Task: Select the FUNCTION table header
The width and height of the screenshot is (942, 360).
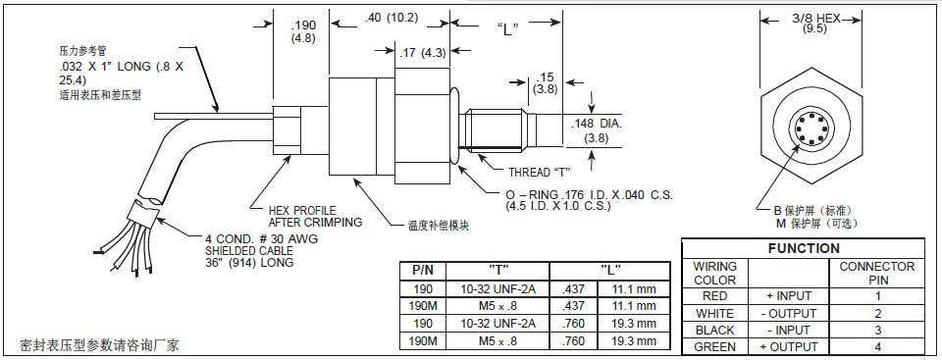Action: pos(803,248)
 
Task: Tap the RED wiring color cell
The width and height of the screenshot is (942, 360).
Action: pos(714,295)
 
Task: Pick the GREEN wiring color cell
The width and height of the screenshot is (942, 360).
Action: pos(714,346)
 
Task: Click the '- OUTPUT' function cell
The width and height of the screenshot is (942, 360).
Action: pos(788,313)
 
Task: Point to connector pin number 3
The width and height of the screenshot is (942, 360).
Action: pos(878,331)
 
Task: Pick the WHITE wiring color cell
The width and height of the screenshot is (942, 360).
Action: pos(714,313)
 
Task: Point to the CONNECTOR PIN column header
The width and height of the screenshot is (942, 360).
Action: pos(878,273)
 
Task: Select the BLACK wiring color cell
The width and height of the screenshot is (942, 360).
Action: pos(714,331)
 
